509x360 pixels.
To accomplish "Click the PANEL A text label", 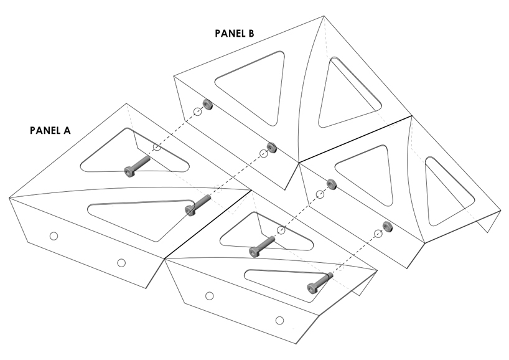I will click(50, 131).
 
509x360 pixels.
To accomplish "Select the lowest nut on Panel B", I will click(387, 226).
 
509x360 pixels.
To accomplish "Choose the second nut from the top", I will click(271, 147).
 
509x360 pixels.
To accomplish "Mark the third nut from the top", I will click(331, 184).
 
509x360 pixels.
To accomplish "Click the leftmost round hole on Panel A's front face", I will click(54, 235).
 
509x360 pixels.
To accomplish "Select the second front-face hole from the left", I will click(121, 263).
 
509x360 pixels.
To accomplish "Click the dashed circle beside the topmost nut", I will click(197, 111).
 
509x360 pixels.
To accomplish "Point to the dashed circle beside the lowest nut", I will click(378, 234).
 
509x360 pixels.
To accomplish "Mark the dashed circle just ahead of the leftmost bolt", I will click(157, 147).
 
